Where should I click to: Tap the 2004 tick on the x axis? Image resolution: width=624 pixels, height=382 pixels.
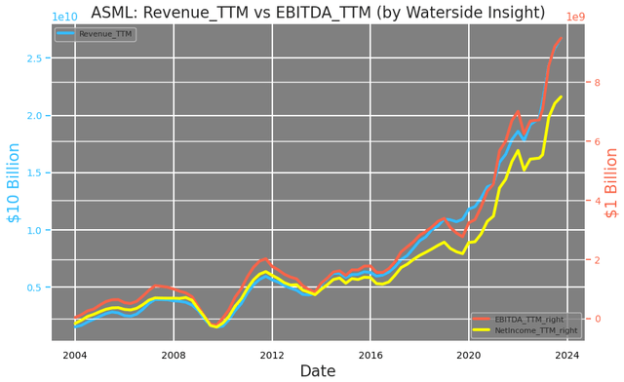pyautogui.click(x=75, y=355)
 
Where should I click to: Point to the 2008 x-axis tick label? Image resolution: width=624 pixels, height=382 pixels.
pyautogui.click(x=174, y=355)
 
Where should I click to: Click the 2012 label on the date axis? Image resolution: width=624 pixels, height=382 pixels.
pyautogui.click(x=272, y=355)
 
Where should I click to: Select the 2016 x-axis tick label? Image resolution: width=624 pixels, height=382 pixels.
pyautogui.click(x=370, y=355)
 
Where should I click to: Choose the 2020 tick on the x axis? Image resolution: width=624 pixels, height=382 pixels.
pyautogui.click(x=469, y=355)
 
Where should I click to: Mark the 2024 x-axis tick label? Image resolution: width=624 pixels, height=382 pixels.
pyautogui.click(x=567, y=355)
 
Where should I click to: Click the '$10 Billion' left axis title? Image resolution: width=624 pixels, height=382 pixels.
pyautogui.click(x=14, y=196)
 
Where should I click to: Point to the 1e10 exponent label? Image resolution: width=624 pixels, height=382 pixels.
pyautogui.click(x=65, y=17)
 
